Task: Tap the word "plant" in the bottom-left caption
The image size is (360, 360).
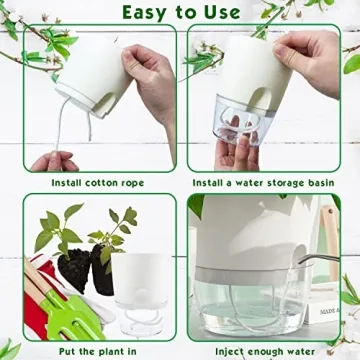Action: (x=104, y=352)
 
